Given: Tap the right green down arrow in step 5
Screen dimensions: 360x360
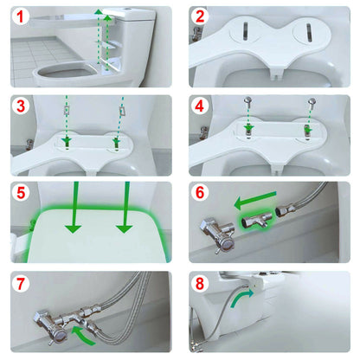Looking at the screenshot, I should tap(126, 216).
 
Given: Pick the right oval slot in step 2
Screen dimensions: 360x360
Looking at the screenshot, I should tap(310, 31).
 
